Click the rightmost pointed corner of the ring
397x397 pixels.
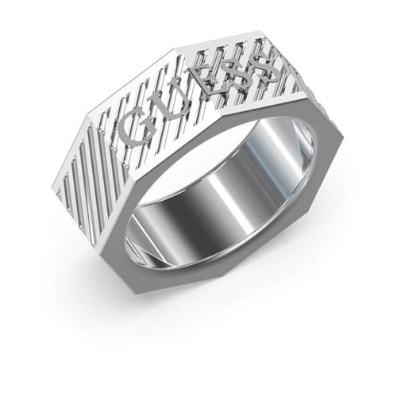(343, 137)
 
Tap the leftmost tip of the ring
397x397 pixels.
(58, 183)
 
